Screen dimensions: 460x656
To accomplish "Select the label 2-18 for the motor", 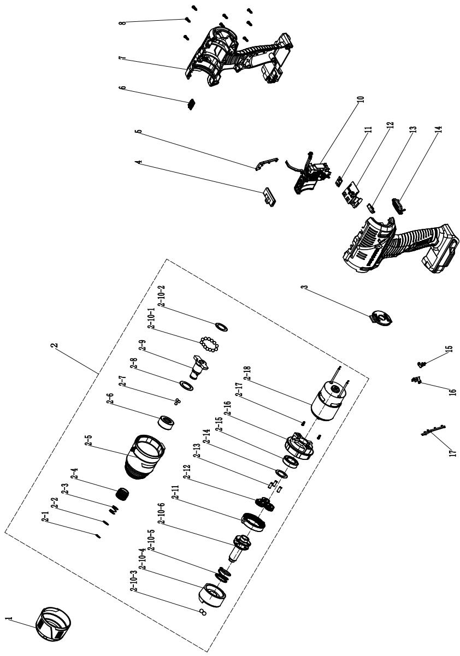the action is [249, 374].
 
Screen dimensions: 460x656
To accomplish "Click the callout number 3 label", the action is [305, 287].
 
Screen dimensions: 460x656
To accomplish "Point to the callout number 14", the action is [439, 129].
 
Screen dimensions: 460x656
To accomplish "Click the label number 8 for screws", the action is [123, 22].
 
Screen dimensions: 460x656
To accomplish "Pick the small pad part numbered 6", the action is [191, 104].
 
